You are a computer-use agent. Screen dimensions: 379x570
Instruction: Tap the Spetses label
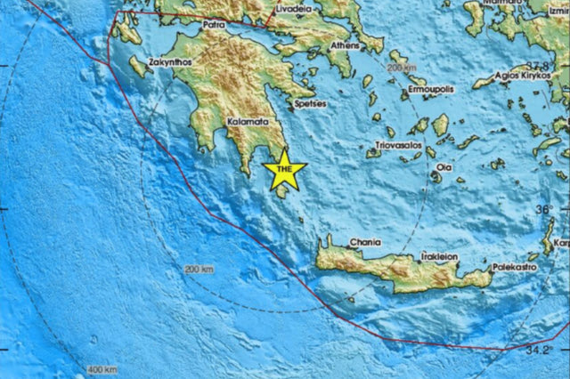point(310,104)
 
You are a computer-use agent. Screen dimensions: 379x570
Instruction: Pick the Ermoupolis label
point(430,93)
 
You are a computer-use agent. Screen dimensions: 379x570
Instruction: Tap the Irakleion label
point(435,256)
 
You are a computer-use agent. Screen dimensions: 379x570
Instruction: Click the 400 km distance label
point(102,368)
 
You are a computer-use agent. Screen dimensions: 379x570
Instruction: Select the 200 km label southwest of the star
point(199,269)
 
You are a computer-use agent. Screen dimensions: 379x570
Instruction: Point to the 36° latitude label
point(542,211)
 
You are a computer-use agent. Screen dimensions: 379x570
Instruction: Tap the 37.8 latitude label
point(536,66)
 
